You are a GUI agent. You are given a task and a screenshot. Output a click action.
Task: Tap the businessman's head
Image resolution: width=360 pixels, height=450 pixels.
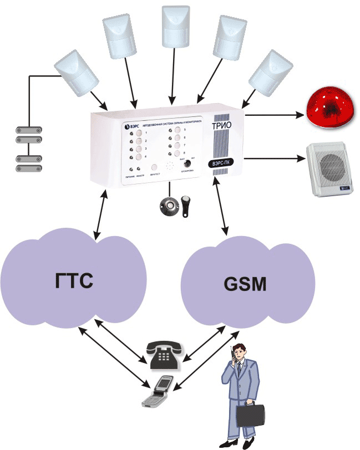click(241, 353)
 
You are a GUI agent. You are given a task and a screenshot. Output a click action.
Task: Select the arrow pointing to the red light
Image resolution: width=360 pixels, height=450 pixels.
click(275, 116)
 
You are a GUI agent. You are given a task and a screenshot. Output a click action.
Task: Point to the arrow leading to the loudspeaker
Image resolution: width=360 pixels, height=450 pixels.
click(275, 160)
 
